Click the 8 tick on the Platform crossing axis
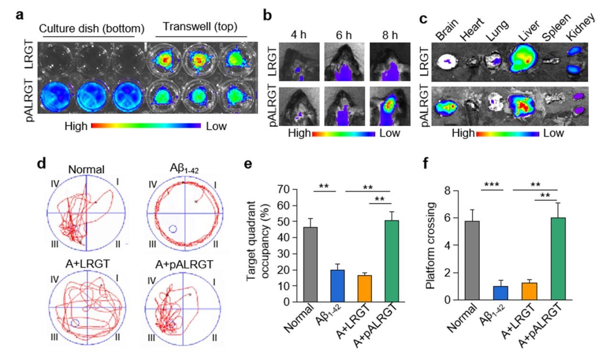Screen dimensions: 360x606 tap(442, 191)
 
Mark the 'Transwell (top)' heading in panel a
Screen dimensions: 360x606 tap(202, 27)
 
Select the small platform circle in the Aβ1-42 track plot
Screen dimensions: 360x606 tap(173, 229)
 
